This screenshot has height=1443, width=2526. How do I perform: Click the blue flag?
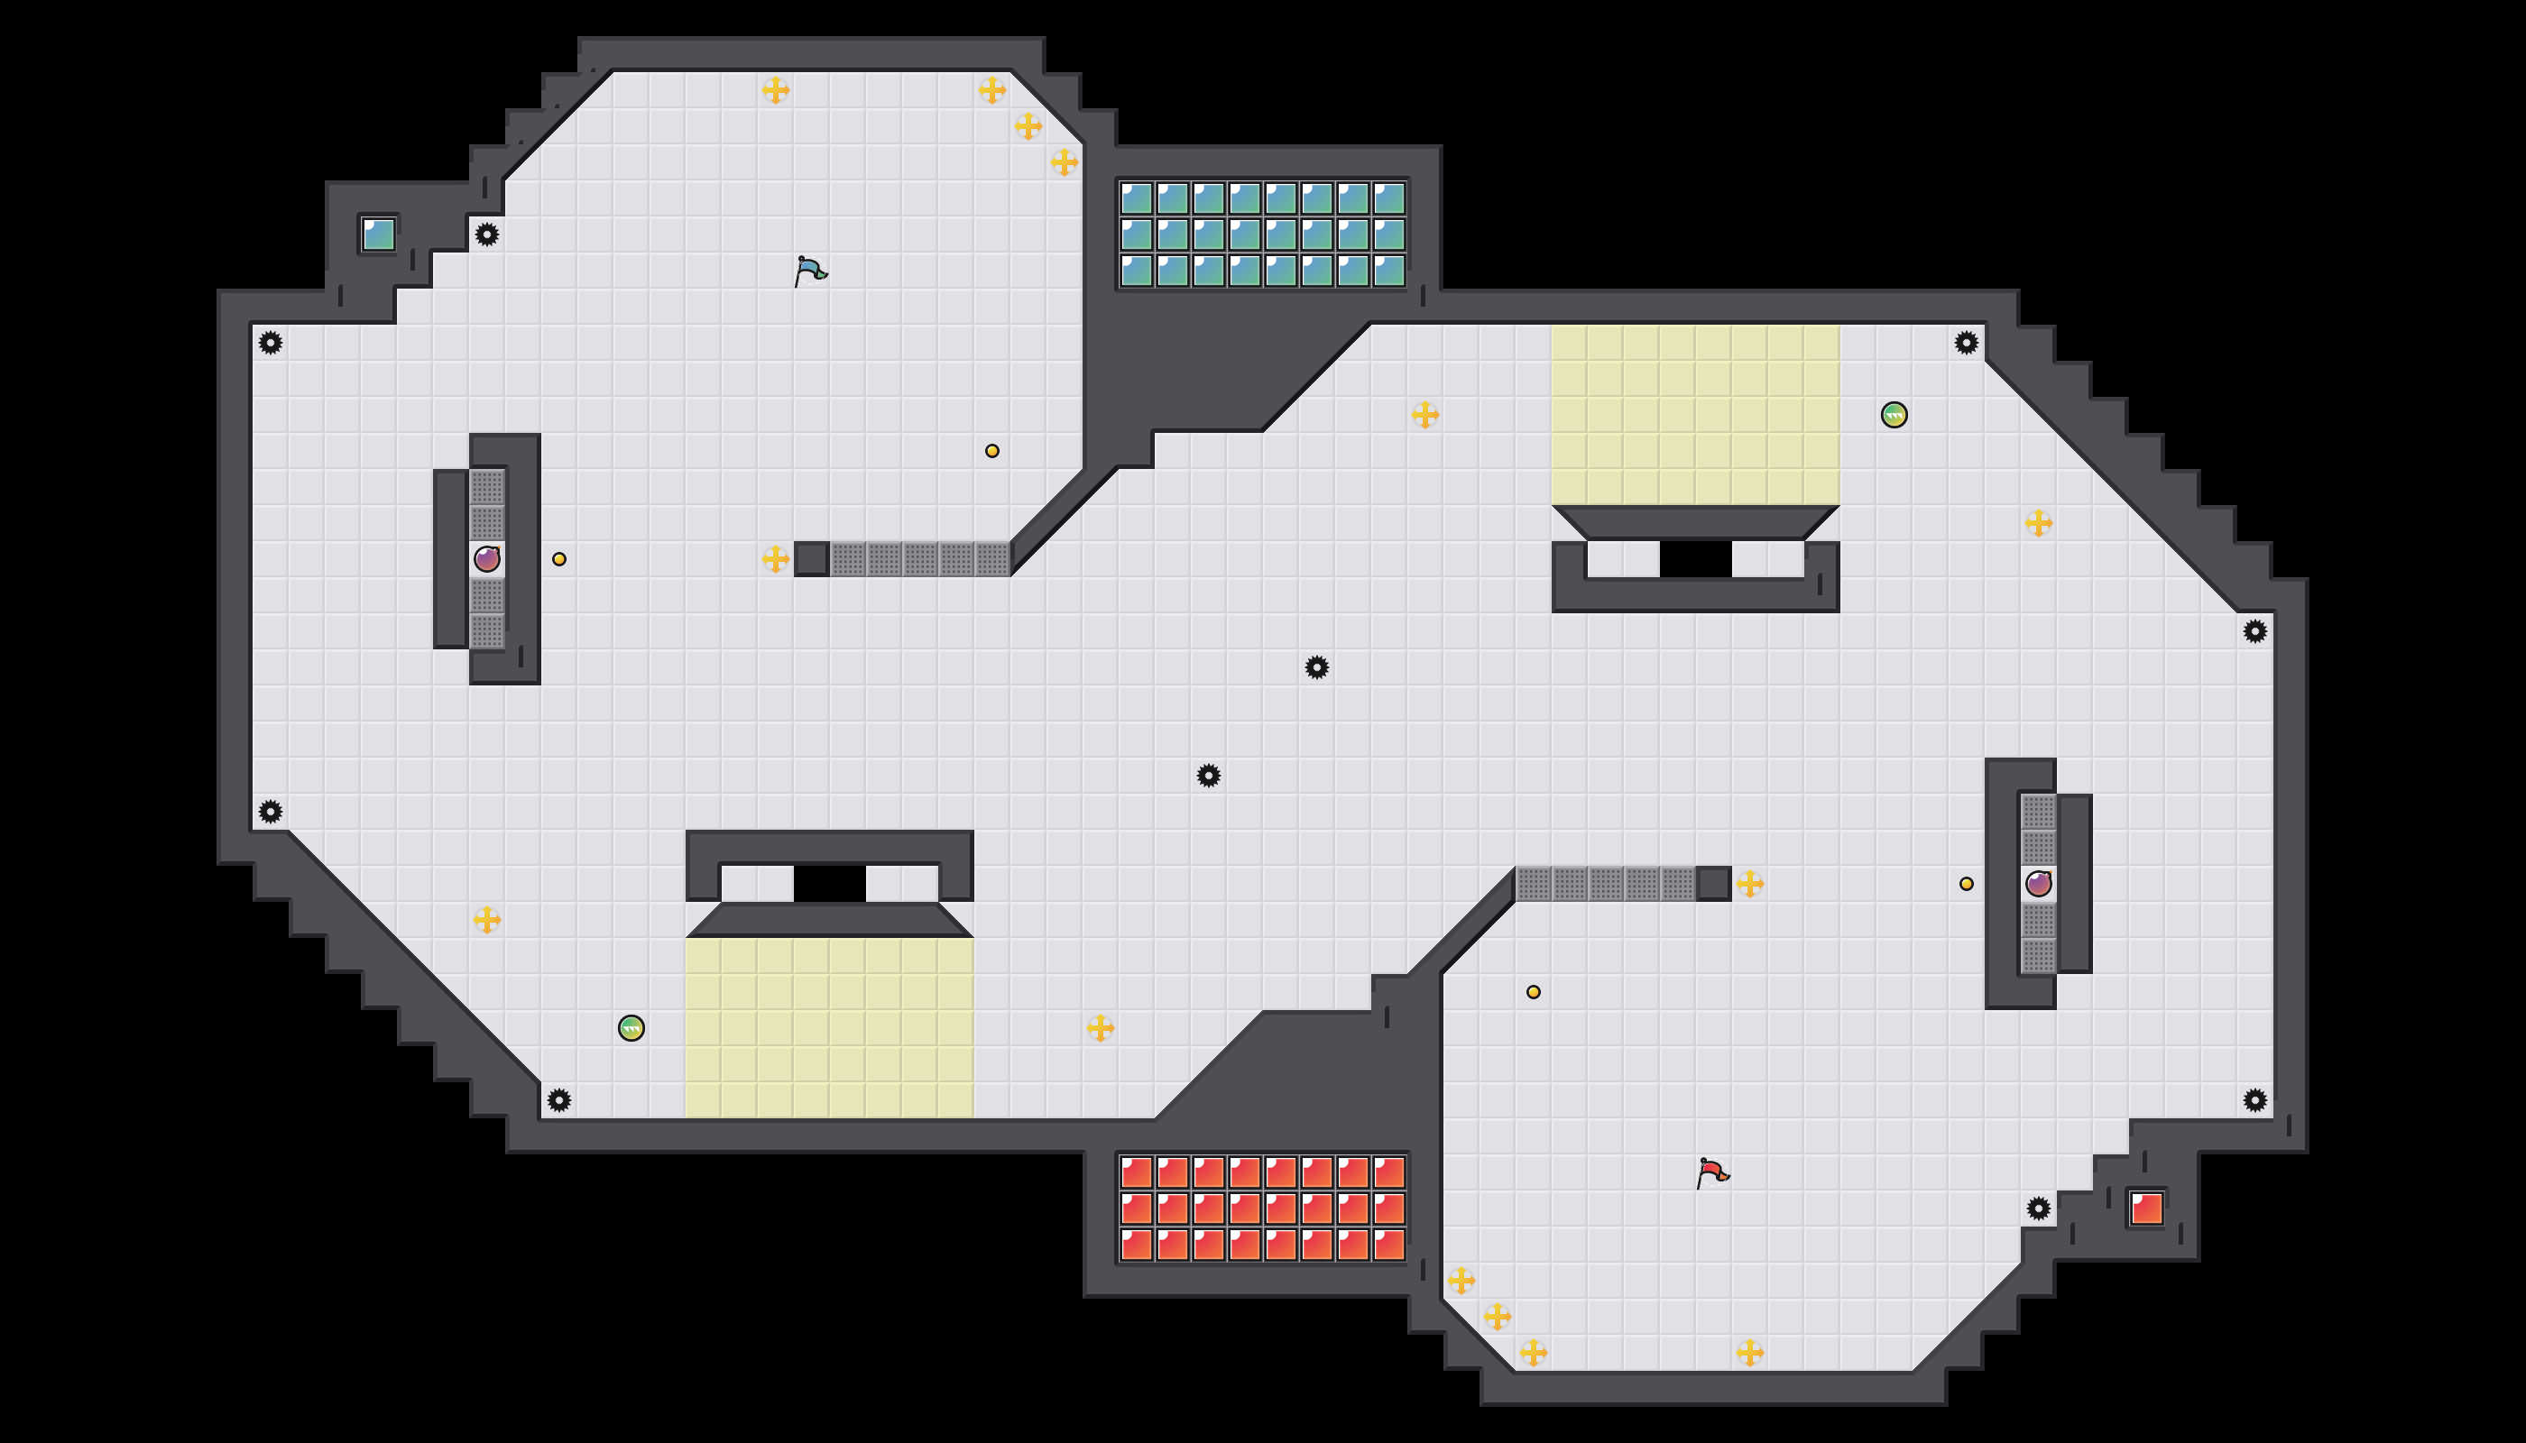click(x=810, y=271)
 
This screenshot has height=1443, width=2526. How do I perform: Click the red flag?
click(x=1712, y=1173)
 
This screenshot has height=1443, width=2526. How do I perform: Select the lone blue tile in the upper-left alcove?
click(x=379, y=234)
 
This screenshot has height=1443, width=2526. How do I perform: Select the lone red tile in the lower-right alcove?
click(x=2146, y=1209)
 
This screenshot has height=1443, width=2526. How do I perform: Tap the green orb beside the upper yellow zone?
click(x=1894, y=414)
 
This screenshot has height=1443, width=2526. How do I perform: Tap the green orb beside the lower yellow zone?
click(x=631, y=1028)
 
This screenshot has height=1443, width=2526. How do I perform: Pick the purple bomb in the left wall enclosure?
click(x=487, y=559)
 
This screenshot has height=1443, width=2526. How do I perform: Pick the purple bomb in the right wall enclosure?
click(x=2038, y=883)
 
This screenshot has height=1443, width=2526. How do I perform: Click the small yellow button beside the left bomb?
click(x=559, y=559)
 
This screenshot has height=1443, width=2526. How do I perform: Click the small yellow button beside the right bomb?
click(x=1966, y=883)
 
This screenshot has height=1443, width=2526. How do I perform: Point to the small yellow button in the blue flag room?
click(x=992, y=451)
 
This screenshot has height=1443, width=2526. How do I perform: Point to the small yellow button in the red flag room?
click(x=1534, y=992)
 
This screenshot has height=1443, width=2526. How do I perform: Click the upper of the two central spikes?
click(x=1316, y=667)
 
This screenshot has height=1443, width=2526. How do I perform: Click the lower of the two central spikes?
click(x=1209, y=775)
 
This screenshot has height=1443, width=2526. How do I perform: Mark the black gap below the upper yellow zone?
click(x=1695, y=559)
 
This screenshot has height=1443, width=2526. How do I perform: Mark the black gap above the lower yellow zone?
click(x=830, y=883)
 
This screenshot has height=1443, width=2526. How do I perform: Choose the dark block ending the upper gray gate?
click(x=812, y=559)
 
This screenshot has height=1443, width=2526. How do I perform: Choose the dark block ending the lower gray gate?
click(x=1713, y=883)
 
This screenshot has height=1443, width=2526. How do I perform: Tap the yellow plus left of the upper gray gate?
click(x=775, y=559)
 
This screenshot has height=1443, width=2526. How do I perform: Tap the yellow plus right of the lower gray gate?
click(x=1750, y=883)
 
